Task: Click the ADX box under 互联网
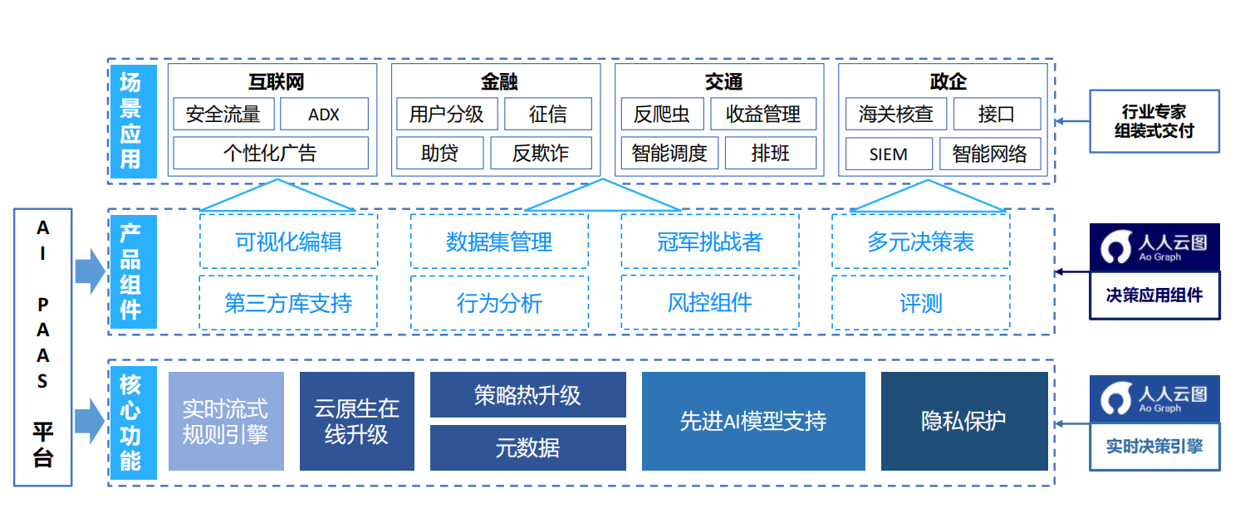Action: [324, 115]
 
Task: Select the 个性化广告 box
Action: [270, 153]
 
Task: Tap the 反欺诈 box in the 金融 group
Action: [540, 153]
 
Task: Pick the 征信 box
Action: [548, 115]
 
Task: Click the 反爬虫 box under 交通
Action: [662, 115]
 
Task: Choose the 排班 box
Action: [770, 153]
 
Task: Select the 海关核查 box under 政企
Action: [895, 115]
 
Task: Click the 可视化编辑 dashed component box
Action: [288, 242]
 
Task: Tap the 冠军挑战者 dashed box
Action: [709, 242]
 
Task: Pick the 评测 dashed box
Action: [920, 303]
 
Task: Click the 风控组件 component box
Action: [709, 303]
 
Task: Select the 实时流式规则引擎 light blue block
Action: [226, 421]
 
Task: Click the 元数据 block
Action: [527, 448]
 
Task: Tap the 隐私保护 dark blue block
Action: [963, 421]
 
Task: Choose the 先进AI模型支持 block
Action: [752, 421]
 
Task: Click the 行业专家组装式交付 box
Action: [1154, 121]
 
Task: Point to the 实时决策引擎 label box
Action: [1154, 446]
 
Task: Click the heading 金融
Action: [498, 81]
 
